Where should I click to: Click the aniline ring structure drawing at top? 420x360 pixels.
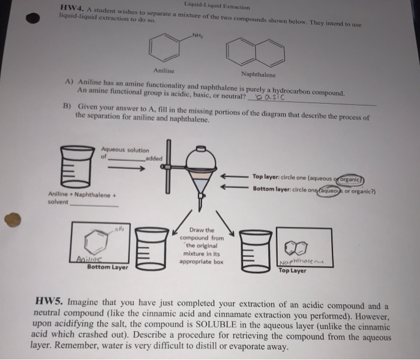[x=164, y=48]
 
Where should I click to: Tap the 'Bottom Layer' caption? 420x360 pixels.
[x=106, y=267]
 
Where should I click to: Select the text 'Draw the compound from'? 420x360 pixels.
[x=202, y=233]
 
